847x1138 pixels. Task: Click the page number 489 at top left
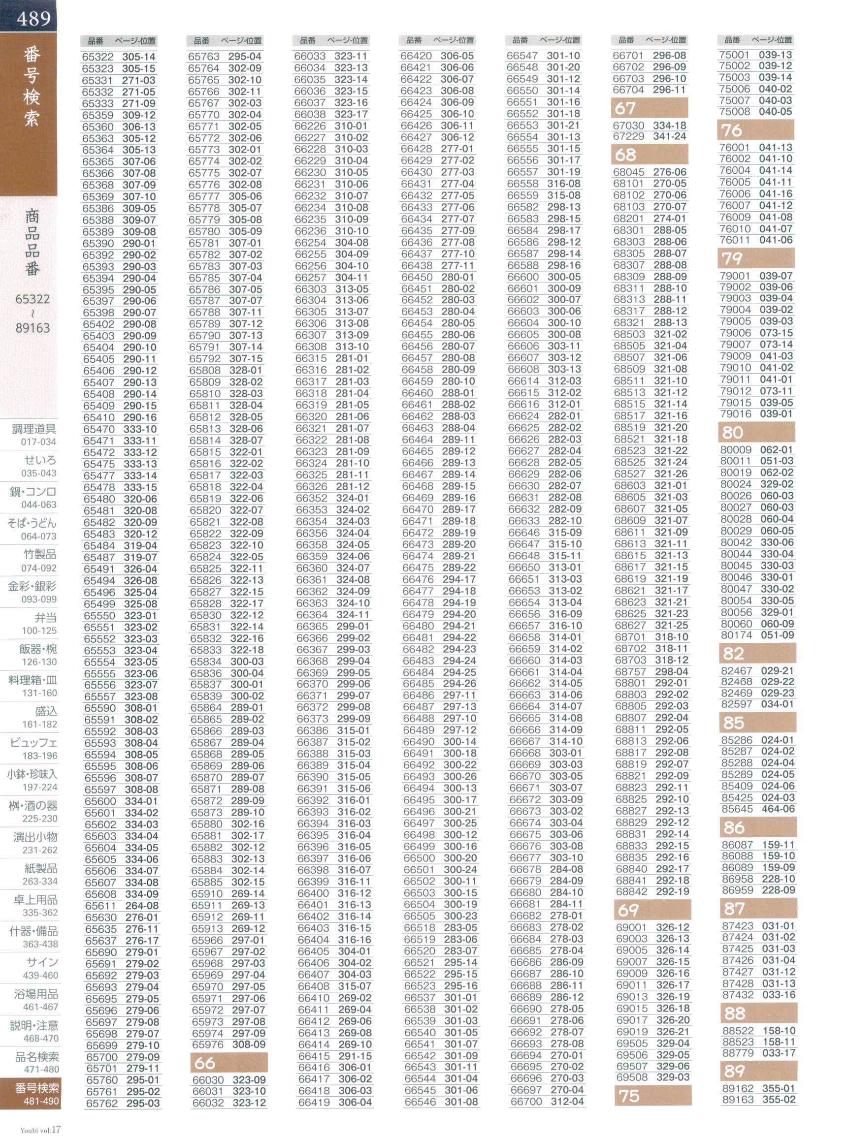(x=33, y=19)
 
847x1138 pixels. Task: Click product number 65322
(x=98, y=57)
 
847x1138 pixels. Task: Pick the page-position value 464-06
(x=778, y=809)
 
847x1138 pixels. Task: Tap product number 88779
(x=737, y=1053)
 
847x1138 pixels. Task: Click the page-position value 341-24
(x=670, y=137)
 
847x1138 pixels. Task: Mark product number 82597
(x=736, y=704)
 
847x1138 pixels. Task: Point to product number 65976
(x=207, y=1045)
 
